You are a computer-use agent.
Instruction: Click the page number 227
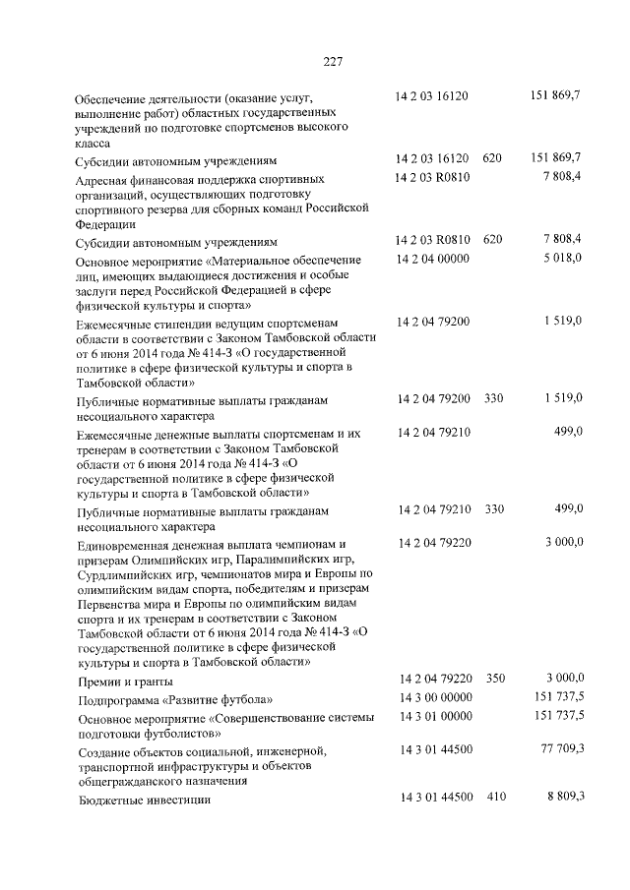[332, 63]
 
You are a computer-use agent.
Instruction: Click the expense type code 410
[494, 798]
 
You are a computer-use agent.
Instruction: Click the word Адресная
[107, 180]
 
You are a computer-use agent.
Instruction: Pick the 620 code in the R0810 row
[494, 240]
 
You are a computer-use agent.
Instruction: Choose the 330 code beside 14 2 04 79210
[494, 508]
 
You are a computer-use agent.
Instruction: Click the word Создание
[106, 751]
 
